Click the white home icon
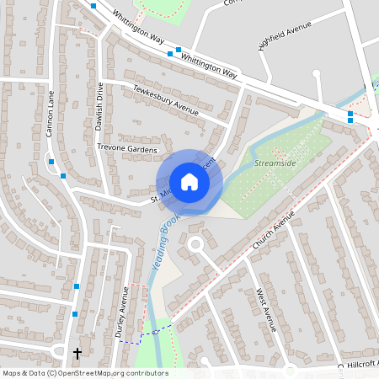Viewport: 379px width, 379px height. pos(189,182)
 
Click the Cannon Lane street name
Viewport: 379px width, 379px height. pos(51,114)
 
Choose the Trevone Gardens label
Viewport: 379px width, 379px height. pos(128,149)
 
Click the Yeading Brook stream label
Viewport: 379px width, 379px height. pos(165,240)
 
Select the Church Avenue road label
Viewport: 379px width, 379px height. pos(274,230)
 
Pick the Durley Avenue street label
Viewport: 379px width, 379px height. pos(121,312)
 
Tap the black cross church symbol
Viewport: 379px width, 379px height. pos(78,354)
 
